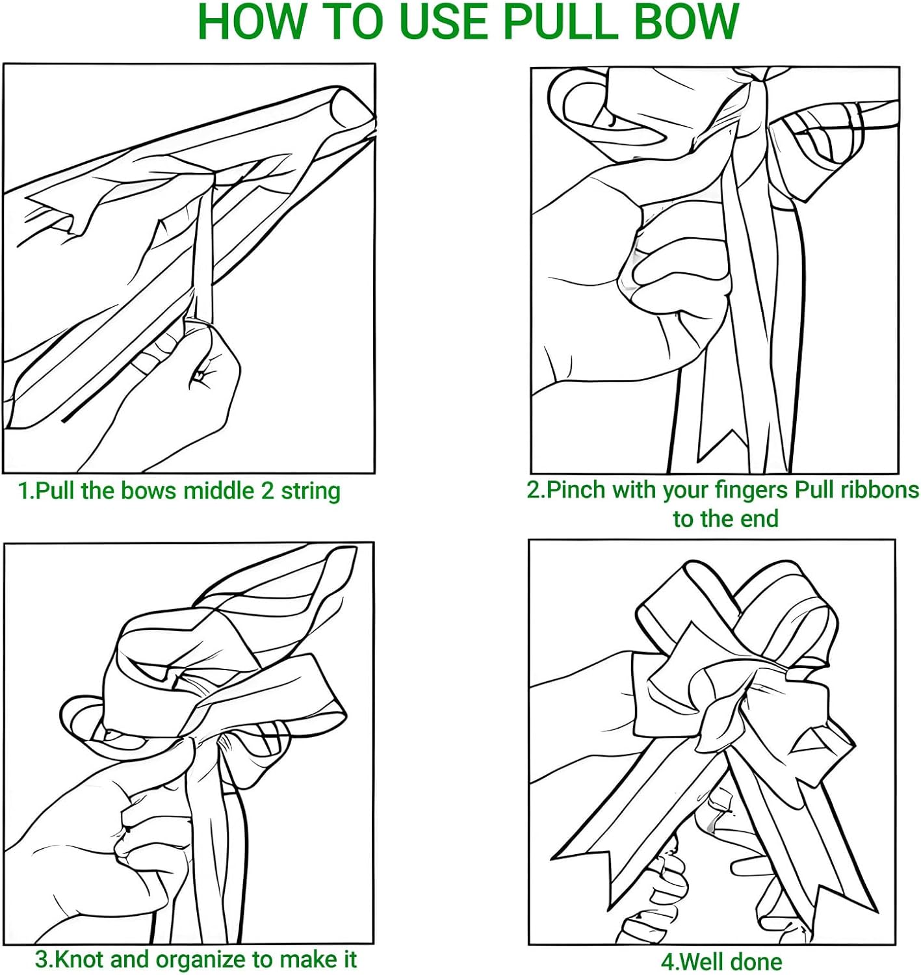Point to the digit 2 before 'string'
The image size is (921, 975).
coord(268,491)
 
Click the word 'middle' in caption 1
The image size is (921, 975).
coord(219,491)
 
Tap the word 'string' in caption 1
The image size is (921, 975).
coord(310,493)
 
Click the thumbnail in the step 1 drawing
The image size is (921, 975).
coord(200,376)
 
